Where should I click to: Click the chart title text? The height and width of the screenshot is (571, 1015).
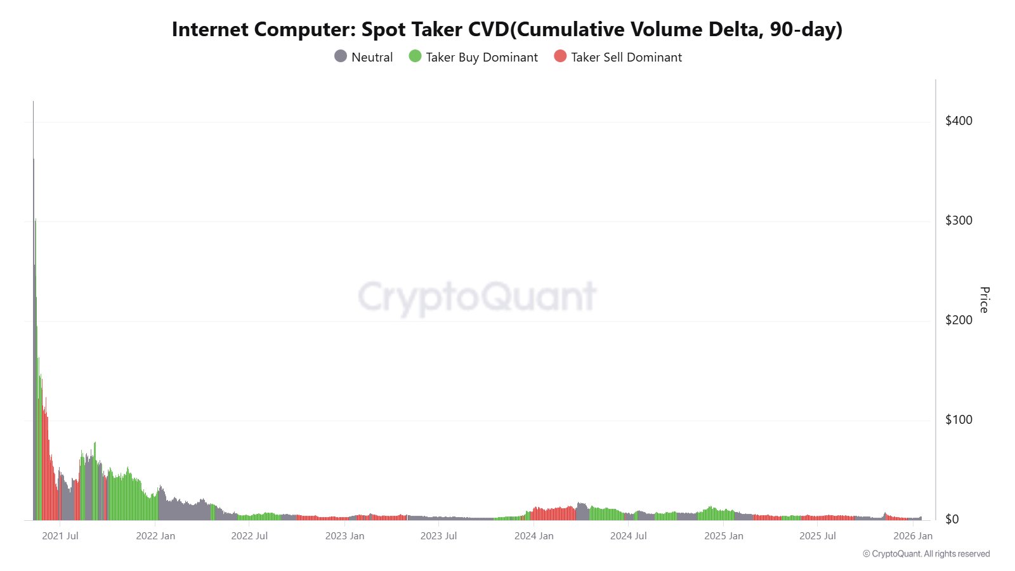tap(507, 29)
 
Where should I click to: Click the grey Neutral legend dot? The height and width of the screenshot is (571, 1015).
tap(341, 56)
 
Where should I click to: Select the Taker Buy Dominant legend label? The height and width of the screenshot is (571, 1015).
tap(481, 57)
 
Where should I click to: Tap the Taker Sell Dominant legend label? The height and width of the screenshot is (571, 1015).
tap(626, 57)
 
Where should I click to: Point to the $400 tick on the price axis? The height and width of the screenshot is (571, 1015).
tap(959, 121)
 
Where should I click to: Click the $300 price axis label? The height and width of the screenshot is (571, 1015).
tap(959, 220)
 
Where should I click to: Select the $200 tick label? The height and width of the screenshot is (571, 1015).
tap(959, 320)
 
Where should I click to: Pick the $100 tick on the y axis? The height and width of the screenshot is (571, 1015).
tap(959, 419)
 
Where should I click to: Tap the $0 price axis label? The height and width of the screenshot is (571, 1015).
tap(952, 519)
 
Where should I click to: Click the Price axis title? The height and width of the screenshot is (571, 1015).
tap(984, 299)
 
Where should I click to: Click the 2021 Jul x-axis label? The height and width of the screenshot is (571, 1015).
tap(60, 536)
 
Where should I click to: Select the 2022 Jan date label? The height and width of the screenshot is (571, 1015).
tap(155, 536)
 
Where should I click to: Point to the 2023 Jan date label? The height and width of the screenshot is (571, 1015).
tap(344, 536)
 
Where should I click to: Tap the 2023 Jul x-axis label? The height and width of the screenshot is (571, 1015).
tap(438, 536)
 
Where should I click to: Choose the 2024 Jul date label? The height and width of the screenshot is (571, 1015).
tap(628, 536)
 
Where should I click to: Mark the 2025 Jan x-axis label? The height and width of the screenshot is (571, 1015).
tap(723, 536)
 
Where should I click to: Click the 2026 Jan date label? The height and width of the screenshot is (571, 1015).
tap(913, 536)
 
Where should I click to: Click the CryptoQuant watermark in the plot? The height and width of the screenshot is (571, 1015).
tap(477, 297)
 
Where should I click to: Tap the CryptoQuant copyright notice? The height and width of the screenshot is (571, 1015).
tap(926, 554)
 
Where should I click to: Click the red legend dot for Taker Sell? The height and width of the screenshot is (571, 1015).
tap(560, 56)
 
